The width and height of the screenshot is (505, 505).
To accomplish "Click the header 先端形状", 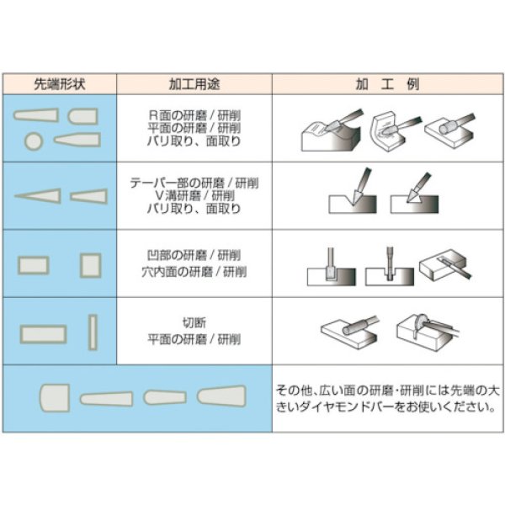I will click(x=59, y=85).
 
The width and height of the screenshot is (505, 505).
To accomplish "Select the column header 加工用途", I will click(x=194, y=85).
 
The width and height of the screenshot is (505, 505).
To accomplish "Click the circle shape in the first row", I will click(x=34, y=140).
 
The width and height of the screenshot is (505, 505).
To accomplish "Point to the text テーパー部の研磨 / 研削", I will click(x=194, y=182).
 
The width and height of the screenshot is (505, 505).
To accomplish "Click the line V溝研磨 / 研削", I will click(x=194, y=195).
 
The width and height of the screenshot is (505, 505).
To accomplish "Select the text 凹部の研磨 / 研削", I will click(x=194, y=255).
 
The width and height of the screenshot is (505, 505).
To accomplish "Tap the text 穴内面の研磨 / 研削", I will click(x=194, y=273).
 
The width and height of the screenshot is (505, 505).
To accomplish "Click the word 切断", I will click(x=194, y=322).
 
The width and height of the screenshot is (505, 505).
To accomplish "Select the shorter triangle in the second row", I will click(x=88, y=196).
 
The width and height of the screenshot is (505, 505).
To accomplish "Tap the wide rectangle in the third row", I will click(x=35, y=265).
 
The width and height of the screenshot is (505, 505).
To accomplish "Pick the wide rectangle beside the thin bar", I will click(x=43, y=333).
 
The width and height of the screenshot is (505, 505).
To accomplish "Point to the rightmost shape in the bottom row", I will click(x=221, y=395).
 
